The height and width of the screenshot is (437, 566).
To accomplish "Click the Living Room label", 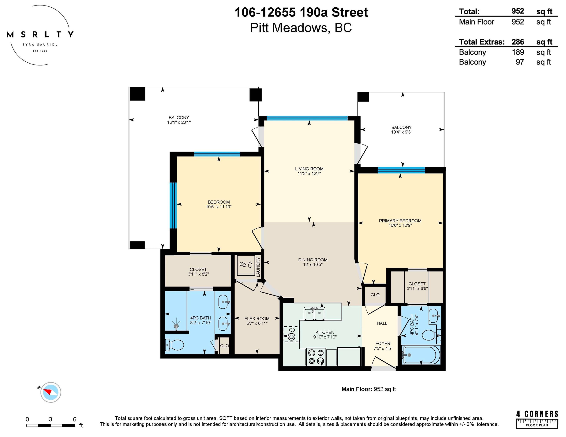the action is pos(309,169).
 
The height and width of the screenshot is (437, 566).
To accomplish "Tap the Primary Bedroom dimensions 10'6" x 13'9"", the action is pos(400,225).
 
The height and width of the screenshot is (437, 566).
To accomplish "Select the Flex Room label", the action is pos(257,319).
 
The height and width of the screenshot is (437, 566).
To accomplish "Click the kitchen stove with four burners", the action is pos(316,357).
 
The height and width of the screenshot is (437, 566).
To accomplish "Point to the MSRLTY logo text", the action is pos(40,34).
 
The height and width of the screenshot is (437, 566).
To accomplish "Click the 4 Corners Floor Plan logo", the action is pos(537,419).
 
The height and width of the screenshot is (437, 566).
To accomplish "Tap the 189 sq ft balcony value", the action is pos(518,52).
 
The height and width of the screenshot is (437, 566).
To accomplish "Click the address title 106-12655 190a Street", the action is pos(301,13).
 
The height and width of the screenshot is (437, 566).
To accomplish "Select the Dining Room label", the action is pos(313,260).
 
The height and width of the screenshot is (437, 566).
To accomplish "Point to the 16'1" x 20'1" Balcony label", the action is pos(179,120).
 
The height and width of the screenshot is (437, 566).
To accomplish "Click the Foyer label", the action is pos(383,343).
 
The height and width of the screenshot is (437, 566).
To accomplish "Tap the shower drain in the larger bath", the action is pos(177,326).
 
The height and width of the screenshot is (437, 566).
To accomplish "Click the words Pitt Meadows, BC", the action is pos(301,28).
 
